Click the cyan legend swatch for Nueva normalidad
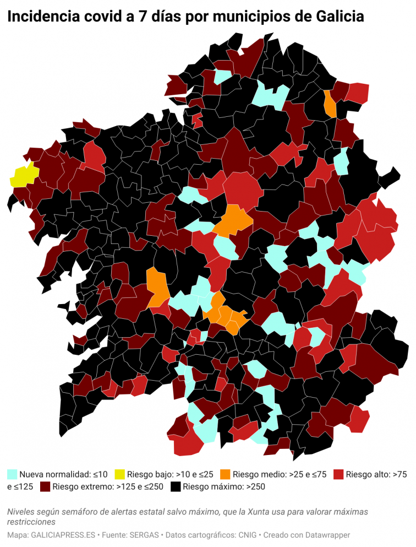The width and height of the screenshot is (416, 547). tap(12, 474)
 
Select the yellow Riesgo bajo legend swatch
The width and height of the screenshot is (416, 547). tap(120, 474)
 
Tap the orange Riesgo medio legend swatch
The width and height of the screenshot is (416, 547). tap(225, 474)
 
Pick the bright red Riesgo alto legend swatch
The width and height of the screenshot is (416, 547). tap(338, 474)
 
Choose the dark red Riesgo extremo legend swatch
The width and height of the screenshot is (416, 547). tap(45, 486)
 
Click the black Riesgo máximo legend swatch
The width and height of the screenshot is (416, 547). tap(176, 486)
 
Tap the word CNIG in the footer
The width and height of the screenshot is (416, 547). tap(247, 535)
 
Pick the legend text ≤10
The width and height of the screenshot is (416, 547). tap(100, 474)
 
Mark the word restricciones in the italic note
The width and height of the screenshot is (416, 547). tap(31, 522)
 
